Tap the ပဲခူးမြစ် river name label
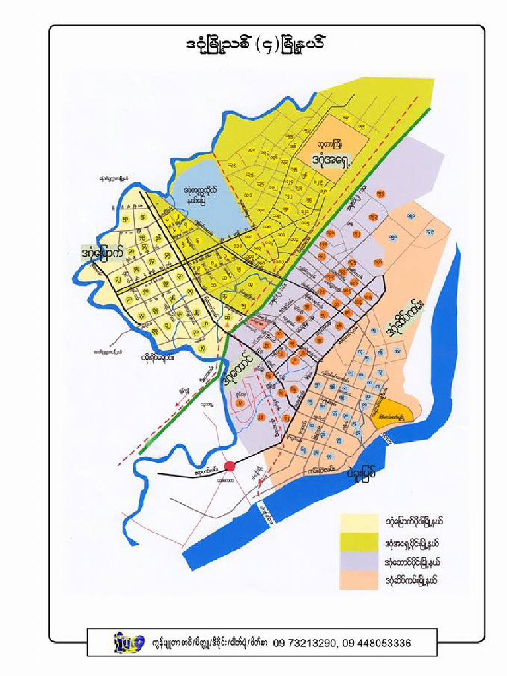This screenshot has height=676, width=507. coord(363,473)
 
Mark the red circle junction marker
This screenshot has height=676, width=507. coord(230,467)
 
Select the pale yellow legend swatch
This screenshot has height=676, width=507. coord(360,521)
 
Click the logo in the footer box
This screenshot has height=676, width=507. coord(129,642)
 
